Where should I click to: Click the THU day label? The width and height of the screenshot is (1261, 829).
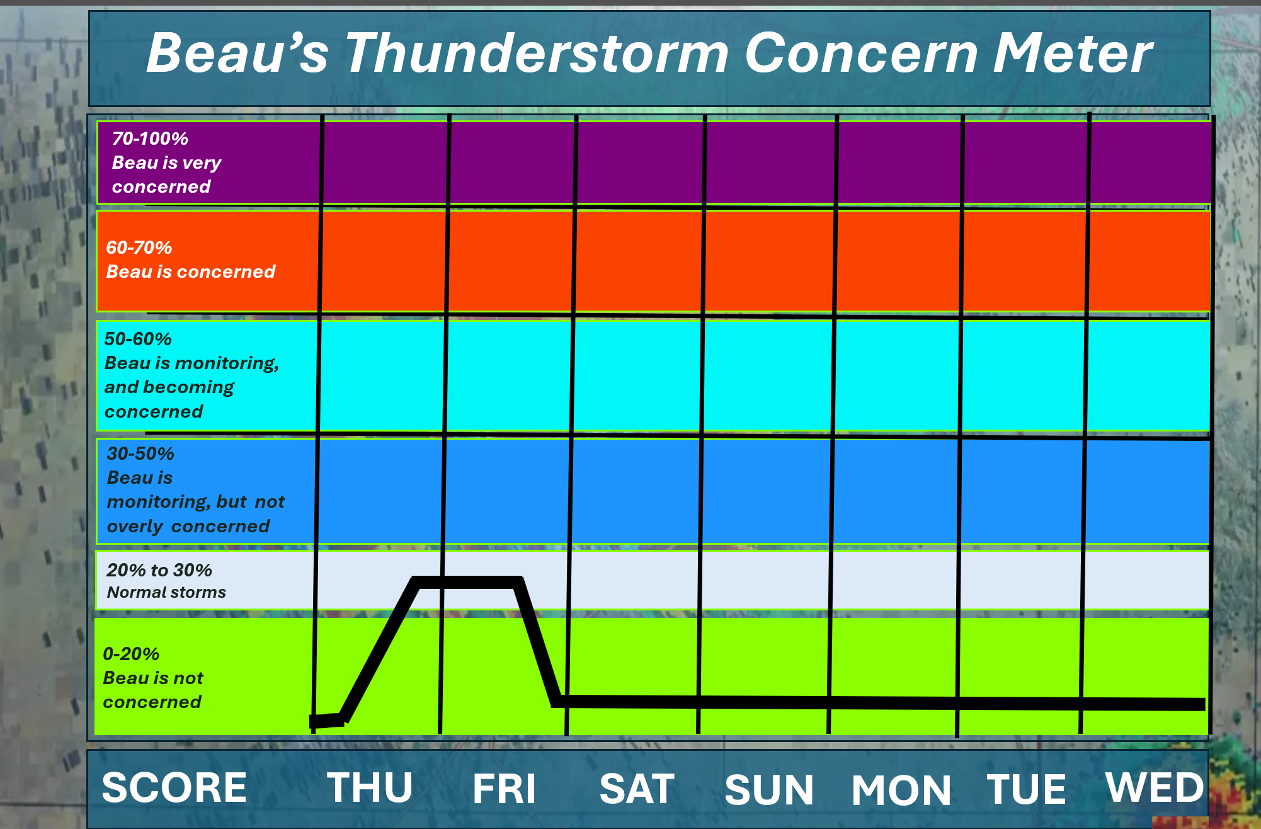[370, 787]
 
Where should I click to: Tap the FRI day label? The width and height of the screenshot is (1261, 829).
[504, 789]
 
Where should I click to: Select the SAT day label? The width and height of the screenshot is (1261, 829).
[637, 789]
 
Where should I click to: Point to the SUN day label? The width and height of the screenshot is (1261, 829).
[769, 790]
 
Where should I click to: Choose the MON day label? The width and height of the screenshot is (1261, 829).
[901, 791]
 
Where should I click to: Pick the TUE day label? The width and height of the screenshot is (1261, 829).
[1026, 789]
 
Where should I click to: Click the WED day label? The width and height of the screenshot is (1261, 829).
[1155, 787]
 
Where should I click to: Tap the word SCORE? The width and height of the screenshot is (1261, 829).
[174, 787]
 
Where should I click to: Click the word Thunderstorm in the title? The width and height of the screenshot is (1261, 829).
[537, 54]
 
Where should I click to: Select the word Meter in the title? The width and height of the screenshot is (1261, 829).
[1073, 54]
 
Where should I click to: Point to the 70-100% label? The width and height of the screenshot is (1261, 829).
[150, 139]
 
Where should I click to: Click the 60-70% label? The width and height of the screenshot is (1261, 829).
[139, 248]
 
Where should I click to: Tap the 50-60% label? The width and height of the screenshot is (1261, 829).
[138, 339]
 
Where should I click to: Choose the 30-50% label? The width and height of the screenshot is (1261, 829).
[140, 454]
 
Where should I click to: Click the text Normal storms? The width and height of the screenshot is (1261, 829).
[166, 593]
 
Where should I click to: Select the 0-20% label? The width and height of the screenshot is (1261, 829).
[131, 654]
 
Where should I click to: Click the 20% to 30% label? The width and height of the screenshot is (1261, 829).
[159, 570]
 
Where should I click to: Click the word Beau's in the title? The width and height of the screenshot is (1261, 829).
[237, 54]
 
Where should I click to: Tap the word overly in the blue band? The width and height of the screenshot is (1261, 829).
[135, 527]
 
